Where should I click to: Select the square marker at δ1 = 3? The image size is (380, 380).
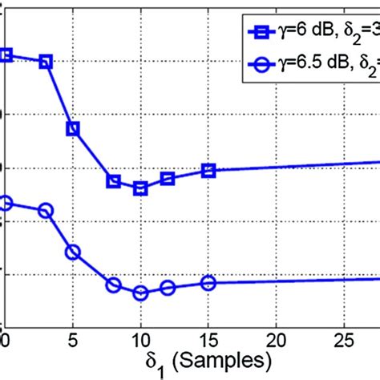coord(46,62)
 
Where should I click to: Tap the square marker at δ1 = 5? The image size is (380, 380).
coord(73,128)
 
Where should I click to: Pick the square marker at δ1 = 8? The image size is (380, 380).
coord(114,182)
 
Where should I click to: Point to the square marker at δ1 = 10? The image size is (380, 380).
coord(140,188)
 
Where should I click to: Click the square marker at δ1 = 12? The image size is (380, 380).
coord(168,178)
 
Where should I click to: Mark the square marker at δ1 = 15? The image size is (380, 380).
coord(208,170)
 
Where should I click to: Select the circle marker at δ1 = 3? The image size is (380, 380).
coord(46,211)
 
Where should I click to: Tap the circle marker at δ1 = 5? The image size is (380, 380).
coord(73,252)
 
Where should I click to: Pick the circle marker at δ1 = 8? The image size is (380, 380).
coord(114,285)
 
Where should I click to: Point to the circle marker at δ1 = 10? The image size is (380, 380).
coord(140,293)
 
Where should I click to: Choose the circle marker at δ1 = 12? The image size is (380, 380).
coord(168,288)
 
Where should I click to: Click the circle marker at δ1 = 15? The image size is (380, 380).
coord(208,282)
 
